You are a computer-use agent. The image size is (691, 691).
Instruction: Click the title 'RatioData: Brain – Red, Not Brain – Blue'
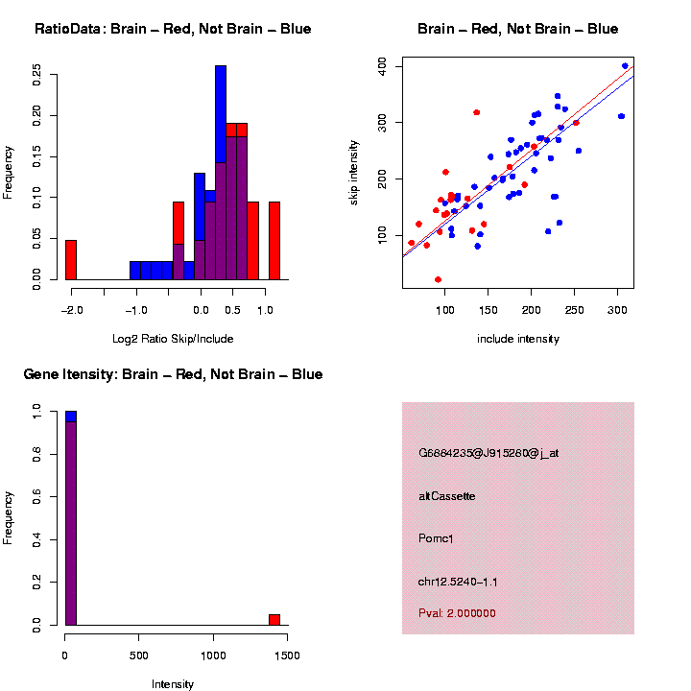click(173, 29)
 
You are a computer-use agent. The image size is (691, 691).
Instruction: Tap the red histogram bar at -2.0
click(71, 259)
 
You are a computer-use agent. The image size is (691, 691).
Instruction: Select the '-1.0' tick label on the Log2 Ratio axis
click(136, 310)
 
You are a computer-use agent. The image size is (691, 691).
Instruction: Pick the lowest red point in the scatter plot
click(438, 279)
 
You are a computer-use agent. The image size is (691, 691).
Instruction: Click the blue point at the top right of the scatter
click(625, 66)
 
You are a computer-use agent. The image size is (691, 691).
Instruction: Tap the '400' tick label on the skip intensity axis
click(382, 65)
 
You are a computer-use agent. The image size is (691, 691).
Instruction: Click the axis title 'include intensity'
click(518, 338)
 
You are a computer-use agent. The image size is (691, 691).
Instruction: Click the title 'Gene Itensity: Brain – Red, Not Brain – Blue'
click(173, 374)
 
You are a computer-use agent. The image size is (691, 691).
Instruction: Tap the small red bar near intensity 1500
click(274, 619)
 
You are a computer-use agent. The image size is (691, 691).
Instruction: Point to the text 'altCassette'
click(447, 495)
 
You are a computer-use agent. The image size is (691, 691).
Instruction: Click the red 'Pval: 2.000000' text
click(457, 612)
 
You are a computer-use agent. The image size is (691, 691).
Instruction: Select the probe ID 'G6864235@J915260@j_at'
click(488, 452)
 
